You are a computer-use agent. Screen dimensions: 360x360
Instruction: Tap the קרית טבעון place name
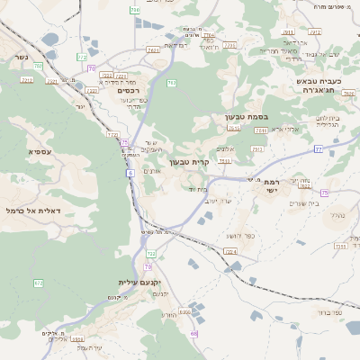pyautogui.click(x=190, y=162)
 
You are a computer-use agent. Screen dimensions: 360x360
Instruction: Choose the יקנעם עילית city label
pyautogui.click(x=138, y=282)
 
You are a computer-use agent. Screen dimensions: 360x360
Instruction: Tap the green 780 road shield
pyautogui.click(x=172, y=83)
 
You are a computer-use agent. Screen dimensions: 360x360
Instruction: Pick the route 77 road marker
pyautogui.click(x=319, y=149)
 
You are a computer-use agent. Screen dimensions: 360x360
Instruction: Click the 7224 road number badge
pyautogui.click(x=230, y=251)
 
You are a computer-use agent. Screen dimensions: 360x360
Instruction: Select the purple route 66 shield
pyautogui.click(x=193, y=333)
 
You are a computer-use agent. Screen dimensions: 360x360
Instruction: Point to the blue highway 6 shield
pyautogui.click(x=130, y=172)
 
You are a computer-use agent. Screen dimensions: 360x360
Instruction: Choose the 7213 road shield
pyautogui.click(x=27, y=80)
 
